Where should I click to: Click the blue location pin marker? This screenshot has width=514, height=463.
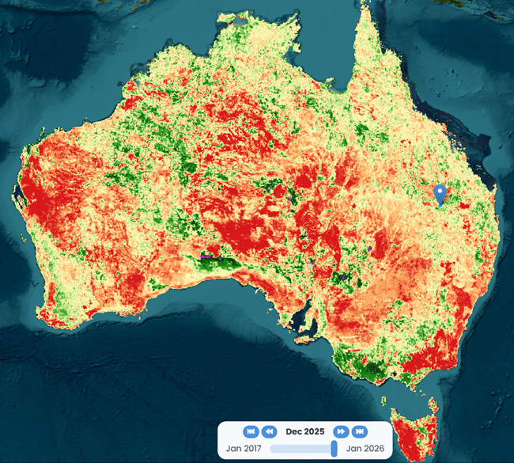tap(440, 192)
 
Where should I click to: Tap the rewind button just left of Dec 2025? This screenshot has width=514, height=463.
tap(269, 431)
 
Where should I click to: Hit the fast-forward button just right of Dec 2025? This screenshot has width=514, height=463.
tap(341, 431)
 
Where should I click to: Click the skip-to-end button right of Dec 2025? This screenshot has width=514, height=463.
tap(359, 431)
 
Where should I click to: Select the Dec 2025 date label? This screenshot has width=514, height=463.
tap(304, 431)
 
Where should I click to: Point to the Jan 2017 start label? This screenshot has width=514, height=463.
tap(244, 449)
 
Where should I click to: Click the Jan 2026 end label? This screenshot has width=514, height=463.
tap(365, 449)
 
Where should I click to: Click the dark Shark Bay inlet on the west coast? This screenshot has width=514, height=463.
tap(17, 194)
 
